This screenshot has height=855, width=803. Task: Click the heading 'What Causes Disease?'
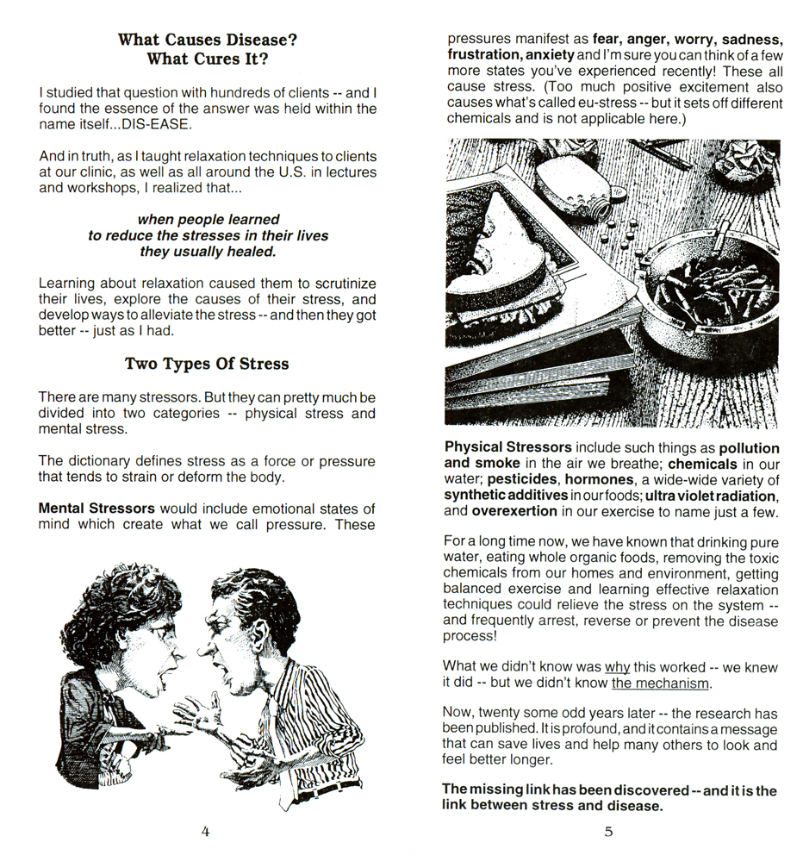pos(207,40)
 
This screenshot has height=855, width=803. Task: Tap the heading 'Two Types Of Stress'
pos(207,363)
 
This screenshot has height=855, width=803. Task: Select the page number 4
pos(205,832)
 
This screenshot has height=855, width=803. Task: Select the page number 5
pos(608,832)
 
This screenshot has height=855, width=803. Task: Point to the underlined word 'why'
pos(617,666)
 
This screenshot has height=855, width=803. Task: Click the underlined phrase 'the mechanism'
pos(661,683)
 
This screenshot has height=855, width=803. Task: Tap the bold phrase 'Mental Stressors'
pos(96,509)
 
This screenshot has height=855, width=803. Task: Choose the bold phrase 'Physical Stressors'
pos(507,448)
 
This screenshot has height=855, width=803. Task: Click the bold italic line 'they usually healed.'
pos(208,252)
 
